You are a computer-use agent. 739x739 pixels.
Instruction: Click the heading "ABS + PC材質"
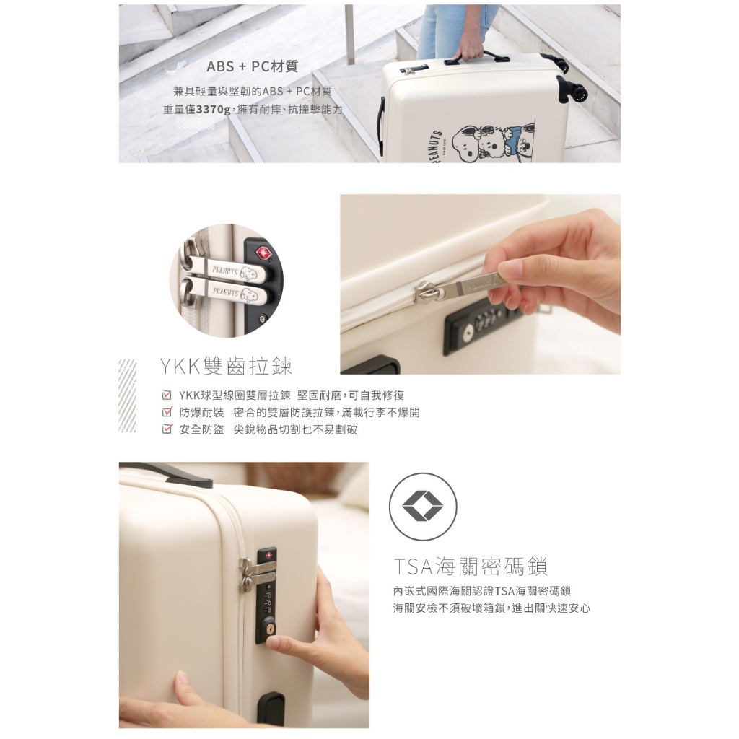pos(252,66)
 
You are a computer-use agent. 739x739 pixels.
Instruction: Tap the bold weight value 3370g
pos(213,110)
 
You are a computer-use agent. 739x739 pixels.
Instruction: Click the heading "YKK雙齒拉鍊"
pos(226,366)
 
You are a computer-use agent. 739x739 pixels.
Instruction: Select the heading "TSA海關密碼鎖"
pos(470,566)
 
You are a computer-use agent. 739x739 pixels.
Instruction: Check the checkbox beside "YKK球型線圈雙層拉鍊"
pos(167,395)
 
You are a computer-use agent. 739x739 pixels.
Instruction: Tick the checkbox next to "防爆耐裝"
pos(167,412)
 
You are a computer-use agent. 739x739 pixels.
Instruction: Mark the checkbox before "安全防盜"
pos(167,429)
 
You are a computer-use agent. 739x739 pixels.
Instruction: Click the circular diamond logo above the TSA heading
pos(423,507)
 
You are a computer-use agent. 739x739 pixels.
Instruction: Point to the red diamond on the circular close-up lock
pos(263,253)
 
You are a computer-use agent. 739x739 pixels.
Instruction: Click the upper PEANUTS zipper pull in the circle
pos(225,271)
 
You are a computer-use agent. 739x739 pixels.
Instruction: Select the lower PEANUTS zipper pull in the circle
pos(225,293)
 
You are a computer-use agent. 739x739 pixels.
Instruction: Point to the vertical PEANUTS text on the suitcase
pos(435,146)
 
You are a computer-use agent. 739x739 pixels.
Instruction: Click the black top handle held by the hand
pos(476,58)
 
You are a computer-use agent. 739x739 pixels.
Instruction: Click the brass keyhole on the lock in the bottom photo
pos(271,629)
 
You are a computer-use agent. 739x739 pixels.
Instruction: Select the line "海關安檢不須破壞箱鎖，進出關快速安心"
pos(491,608)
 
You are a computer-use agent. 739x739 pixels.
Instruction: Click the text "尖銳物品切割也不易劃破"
pos(295,429)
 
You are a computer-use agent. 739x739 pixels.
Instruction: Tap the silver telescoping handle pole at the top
pos(349,34)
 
